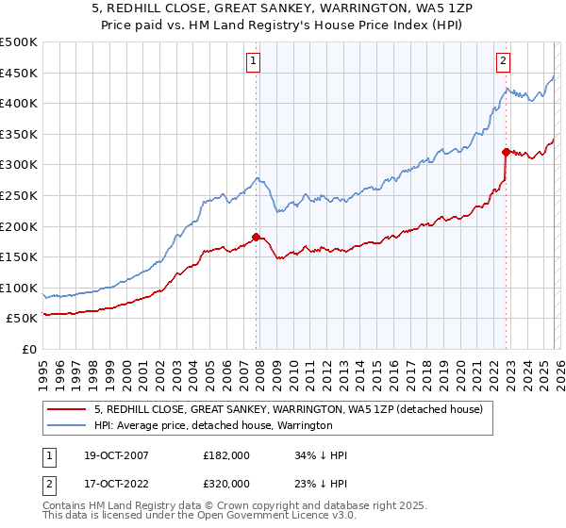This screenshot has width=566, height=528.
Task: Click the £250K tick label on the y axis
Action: [19, 195]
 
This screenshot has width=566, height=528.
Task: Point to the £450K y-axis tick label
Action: [19, 73]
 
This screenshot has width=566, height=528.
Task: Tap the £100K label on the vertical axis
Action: [19, 288]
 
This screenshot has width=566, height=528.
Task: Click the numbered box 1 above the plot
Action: [254, 61]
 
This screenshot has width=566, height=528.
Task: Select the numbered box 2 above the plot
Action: [504, 61]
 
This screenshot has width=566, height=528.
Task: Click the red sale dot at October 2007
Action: [256, 238]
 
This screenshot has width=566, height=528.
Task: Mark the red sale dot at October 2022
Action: [507, 152]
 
